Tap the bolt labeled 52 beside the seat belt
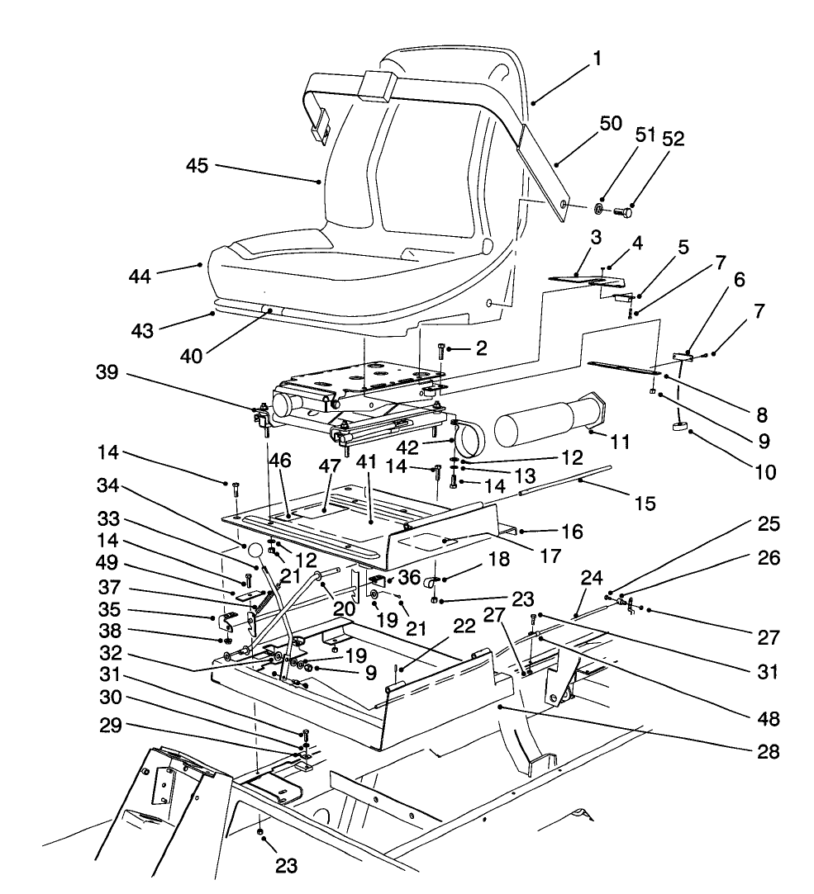click(x=624, y=211)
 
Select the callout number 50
click(x=612, y=125)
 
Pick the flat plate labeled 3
click(x=573, y=279)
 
